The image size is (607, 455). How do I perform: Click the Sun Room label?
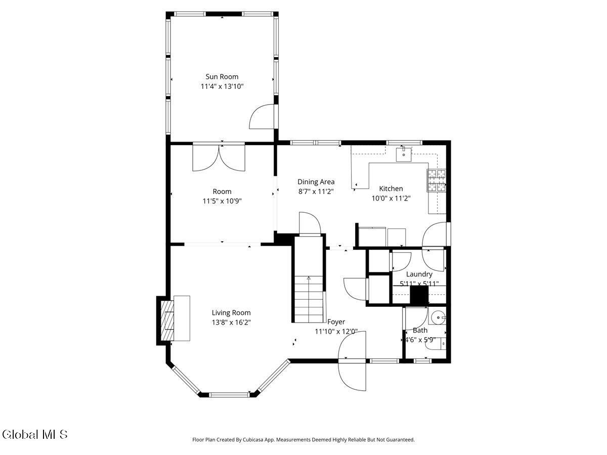[x=222, y=76]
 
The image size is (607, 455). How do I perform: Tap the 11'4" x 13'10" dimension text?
[x=222, y=86]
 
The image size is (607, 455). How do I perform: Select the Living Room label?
[x=231, y=312]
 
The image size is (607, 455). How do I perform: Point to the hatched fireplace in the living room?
[x=167, y=321]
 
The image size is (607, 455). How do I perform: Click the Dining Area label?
[x=316, y=181]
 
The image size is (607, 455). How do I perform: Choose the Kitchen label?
[x=391, y=189]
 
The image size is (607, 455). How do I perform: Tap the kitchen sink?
[x=404, y=154]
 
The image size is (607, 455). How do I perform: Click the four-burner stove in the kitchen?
[x=437, y=180]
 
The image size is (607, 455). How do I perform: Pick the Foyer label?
[x=336, y=322]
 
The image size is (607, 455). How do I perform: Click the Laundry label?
[x=419, y=274]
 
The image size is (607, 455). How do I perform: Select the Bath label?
[x=420, y=330]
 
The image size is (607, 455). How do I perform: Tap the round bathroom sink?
[x=439, y=317]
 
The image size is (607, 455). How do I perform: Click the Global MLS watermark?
[x=34, y=435]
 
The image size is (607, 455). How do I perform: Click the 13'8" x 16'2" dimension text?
[x=231, y=323]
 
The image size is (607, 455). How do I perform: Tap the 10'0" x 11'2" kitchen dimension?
[x=391, y=198]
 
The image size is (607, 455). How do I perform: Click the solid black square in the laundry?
[x=419, y=295]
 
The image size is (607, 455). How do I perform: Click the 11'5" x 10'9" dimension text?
[x=222, y=201]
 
